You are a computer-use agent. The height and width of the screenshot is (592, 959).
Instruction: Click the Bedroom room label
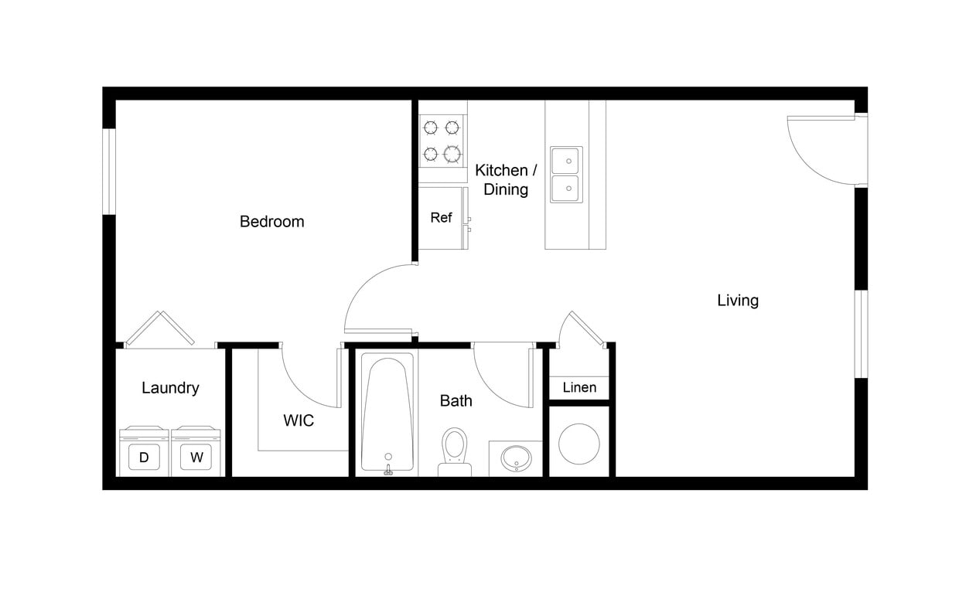point(271,222)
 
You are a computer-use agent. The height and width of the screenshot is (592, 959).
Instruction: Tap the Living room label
point(737,301)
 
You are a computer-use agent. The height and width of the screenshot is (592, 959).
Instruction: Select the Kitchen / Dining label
point(506,179)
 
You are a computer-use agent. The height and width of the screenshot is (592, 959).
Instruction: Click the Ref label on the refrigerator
point(441,218)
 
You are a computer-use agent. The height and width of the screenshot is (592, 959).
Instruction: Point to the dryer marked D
point(144,454)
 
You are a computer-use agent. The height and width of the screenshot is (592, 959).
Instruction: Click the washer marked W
point(196,454)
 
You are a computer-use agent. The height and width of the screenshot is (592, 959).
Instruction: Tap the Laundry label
point(170,388)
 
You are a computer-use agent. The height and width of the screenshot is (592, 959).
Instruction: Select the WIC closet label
point(299,421)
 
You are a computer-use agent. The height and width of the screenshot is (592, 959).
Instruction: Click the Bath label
point(456,400)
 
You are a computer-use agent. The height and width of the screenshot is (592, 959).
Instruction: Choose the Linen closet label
point(579,387)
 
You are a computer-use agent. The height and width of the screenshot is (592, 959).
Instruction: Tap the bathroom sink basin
point(515,458)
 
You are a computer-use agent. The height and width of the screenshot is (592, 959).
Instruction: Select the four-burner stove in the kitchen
point(442,141)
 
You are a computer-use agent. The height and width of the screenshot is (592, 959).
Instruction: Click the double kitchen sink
point(566,175)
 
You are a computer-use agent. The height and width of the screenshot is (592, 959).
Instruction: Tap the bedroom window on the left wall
point(109,171)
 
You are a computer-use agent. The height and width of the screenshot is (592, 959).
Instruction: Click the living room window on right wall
point(860,334)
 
